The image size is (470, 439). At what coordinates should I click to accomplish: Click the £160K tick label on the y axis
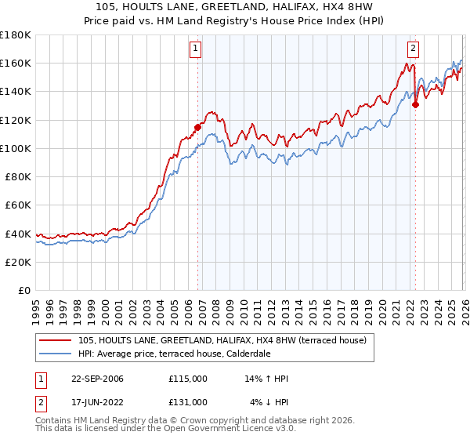tap(16, 63)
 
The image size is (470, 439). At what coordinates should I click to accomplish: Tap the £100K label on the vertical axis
tap(16, 148)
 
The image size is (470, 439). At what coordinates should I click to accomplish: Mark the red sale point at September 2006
tap(197, 126)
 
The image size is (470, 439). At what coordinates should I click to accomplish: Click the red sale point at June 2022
tap(415, 103)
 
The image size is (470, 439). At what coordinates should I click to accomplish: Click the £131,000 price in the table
tap(187, 401)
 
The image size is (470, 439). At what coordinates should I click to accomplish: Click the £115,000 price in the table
tap(187, 379)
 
